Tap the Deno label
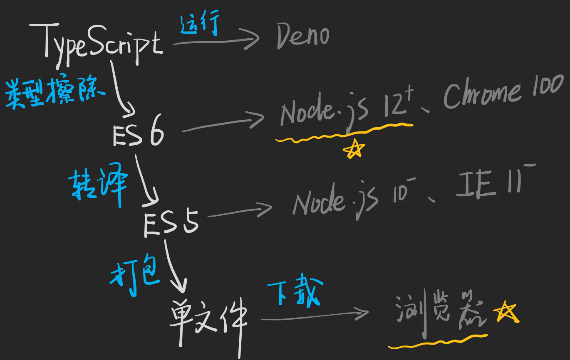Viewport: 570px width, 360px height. [302, 36]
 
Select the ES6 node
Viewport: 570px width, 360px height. [138, 134]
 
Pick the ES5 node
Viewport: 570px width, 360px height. [171, 224]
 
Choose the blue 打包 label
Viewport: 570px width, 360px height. [135, 276]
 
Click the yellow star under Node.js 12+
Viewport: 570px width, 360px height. [355, 149]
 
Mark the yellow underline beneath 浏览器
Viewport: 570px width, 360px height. [437, 342]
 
